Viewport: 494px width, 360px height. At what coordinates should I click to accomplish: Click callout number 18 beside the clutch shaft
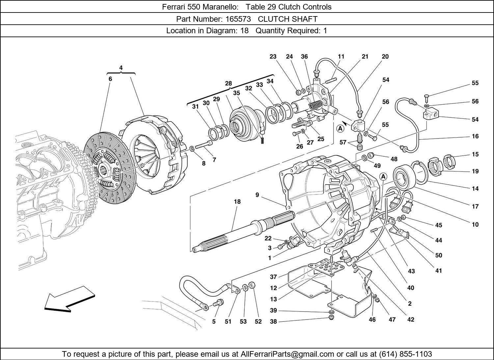[237, 202]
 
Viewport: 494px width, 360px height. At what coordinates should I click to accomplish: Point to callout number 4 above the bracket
[121, 68]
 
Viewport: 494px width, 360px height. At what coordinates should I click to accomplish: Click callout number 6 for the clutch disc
[110, 79]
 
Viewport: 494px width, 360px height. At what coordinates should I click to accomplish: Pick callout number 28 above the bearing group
[228, 83]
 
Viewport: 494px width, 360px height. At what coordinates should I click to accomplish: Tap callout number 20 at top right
[385, 57]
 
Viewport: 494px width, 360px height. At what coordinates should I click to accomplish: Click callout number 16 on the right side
[475, 136]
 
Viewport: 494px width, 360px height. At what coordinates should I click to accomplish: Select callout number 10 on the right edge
[475, 225]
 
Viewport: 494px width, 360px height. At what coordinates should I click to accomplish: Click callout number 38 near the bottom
[273, 322]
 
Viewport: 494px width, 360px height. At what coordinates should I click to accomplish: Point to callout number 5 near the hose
[214, 321]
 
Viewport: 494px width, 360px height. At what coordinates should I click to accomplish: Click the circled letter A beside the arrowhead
[340, 129]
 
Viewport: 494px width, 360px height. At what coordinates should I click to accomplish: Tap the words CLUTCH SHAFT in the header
[288, 19]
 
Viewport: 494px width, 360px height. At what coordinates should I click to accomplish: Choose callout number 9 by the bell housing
[257, 195]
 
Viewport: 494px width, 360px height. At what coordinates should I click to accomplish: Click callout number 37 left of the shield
[273, 277]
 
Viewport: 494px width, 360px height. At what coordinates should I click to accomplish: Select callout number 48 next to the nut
[394, 159]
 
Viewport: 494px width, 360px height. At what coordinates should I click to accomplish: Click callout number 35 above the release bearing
[236, 93]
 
